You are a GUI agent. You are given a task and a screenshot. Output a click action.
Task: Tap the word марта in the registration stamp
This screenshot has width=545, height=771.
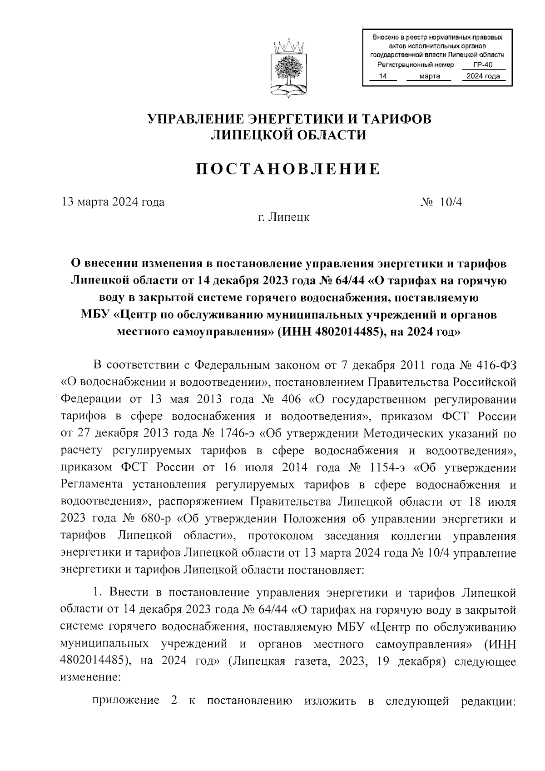pyautogui.click(x=430, y=76)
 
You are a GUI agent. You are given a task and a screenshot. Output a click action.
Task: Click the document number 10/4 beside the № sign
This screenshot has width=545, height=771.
pyautogui.click(x=451, y=202)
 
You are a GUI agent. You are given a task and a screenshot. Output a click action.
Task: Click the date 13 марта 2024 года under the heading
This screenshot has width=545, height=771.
pyautogui.click(x=113, y=202)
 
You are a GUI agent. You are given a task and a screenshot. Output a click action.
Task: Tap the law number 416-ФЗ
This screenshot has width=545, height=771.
pyautogui.click(x=497, y=365)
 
